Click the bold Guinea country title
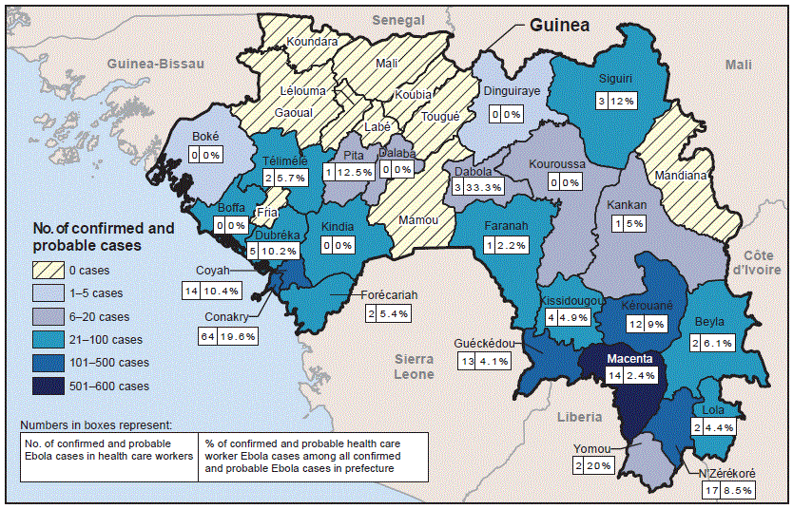(x=560, y=25)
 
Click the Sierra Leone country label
(x=415, y=367)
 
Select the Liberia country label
(x=579, y=417)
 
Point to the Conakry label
(x=226, y=316)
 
